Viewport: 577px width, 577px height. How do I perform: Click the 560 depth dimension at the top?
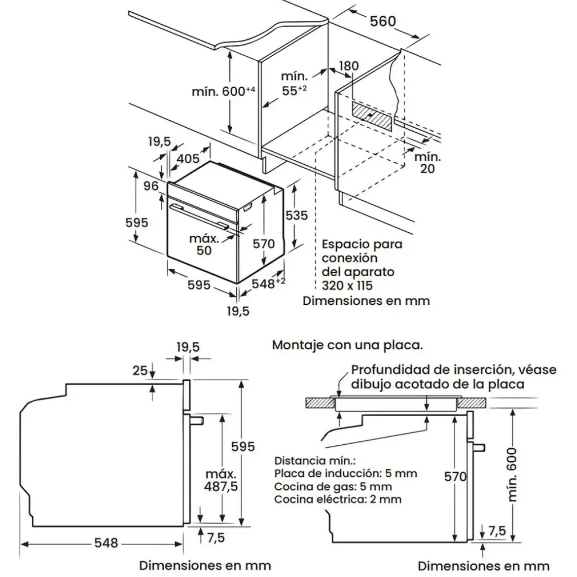[383, 21]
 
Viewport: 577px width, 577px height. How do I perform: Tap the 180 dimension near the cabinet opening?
[348, 66]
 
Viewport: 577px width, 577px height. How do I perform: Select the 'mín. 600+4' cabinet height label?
[223, 91]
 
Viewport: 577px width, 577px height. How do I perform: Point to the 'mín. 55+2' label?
[294, 83]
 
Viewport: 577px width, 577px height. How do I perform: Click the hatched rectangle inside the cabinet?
[372, 116]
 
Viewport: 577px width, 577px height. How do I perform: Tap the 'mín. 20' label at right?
[428, 163]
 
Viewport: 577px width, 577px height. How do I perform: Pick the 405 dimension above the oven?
[188, 159]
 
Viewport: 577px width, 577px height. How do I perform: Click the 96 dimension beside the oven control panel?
[151, 186]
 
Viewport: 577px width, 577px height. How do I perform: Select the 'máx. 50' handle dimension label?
[204, 244]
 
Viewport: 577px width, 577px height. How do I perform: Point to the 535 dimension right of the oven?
[296, 216]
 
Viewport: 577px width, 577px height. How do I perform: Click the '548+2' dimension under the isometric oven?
[268, 284]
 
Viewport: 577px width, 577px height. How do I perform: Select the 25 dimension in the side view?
[140, 370]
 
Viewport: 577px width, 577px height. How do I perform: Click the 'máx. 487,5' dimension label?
[221, 480]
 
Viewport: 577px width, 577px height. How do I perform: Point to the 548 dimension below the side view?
[107, 543]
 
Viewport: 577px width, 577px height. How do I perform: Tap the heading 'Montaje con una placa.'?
[347, 345]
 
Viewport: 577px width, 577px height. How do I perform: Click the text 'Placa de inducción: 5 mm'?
[346, 473]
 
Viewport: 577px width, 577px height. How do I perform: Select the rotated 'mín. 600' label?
[512, 475]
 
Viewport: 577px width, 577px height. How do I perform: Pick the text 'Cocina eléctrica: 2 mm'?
[338, 500]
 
